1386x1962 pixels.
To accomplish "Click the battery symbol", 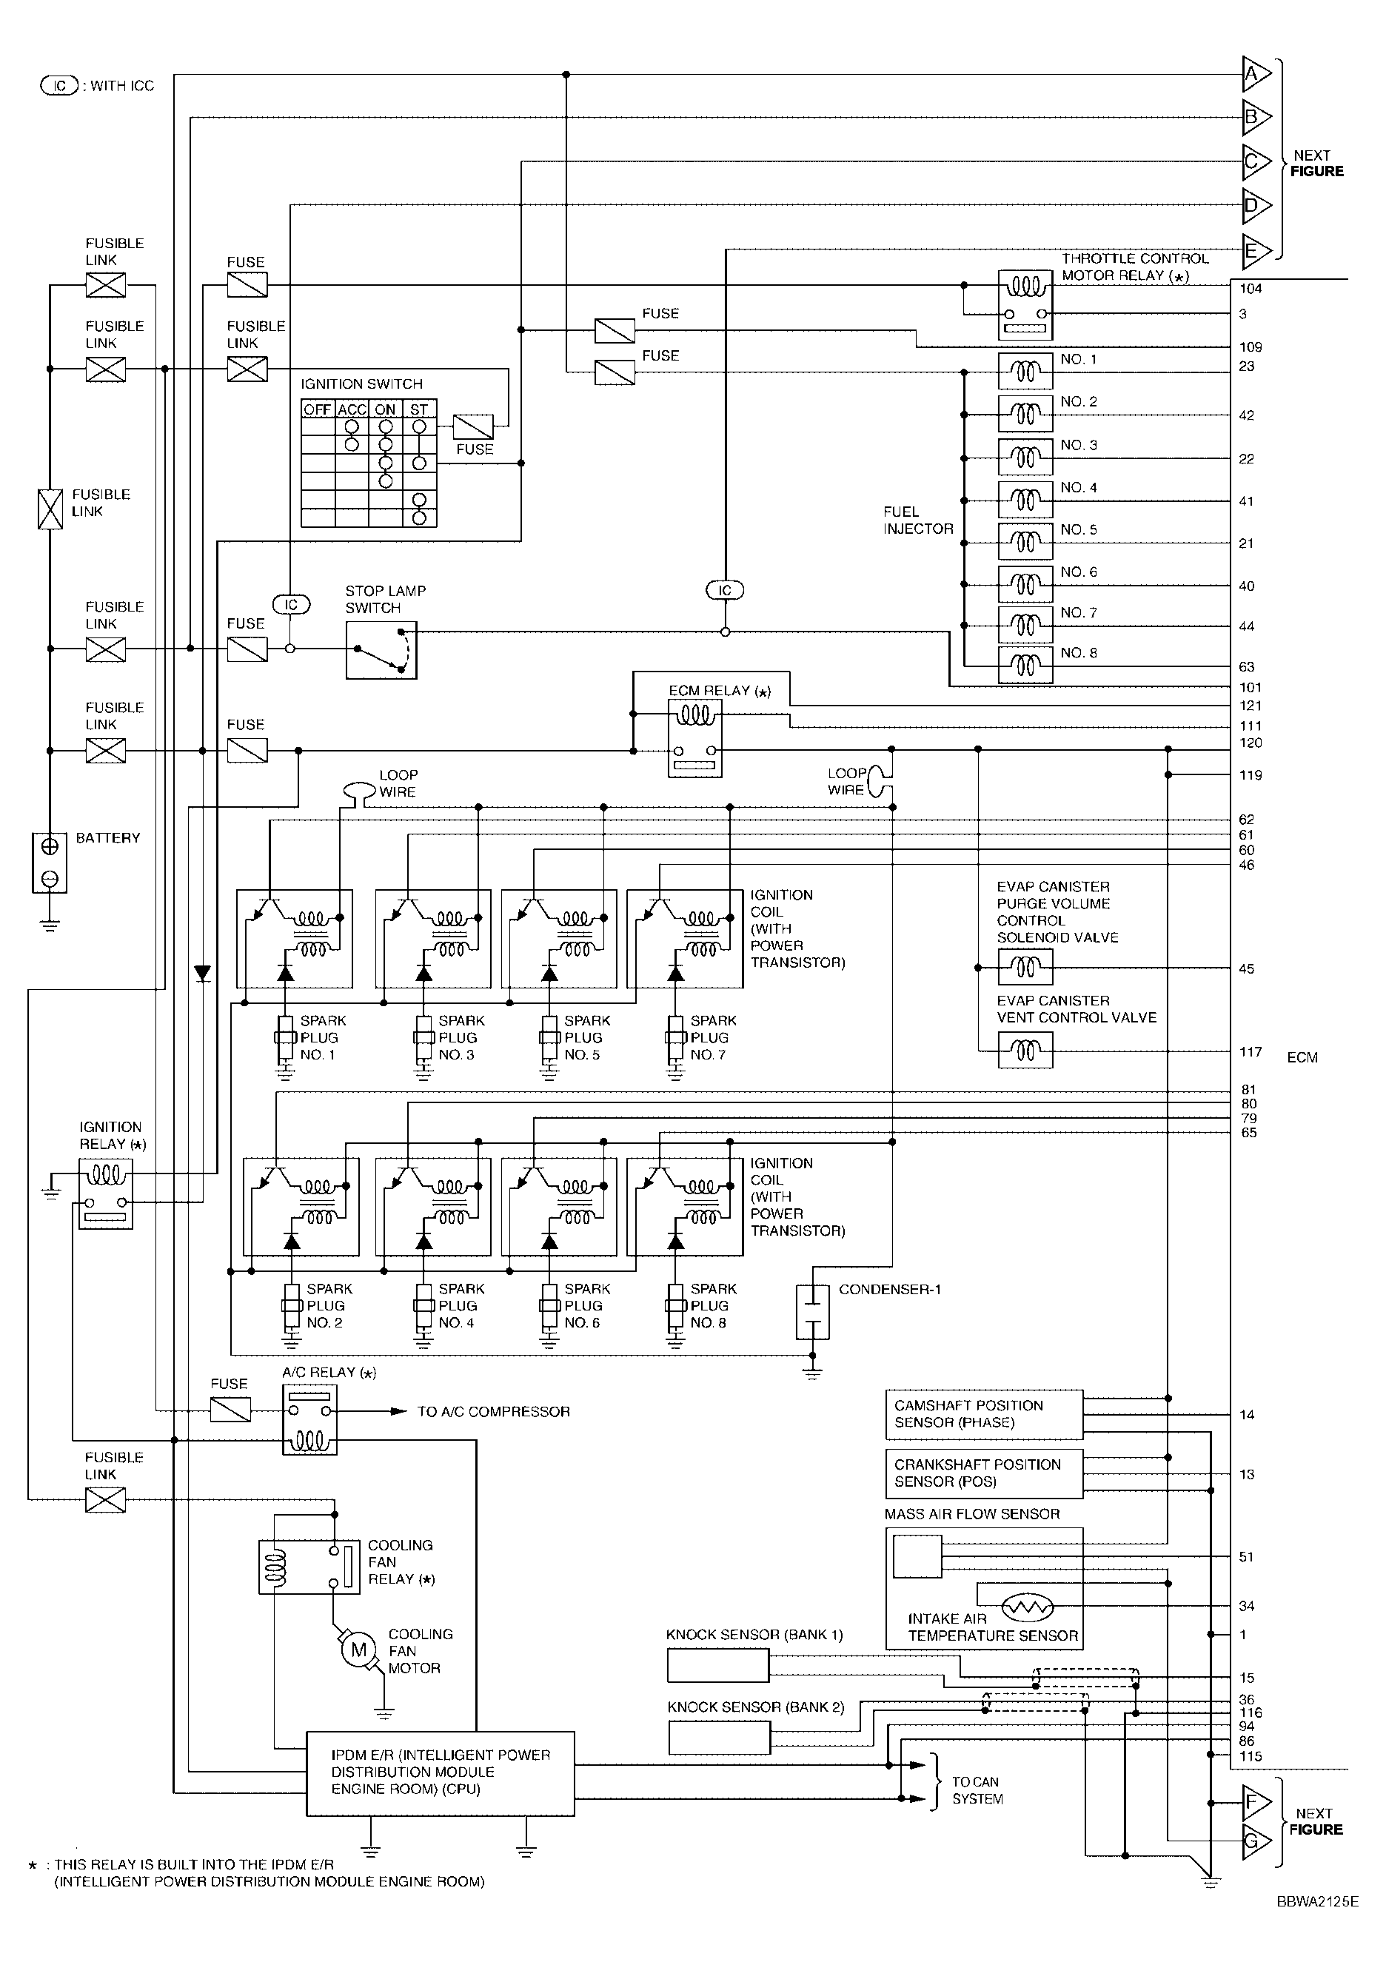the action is pyautogui.click(x=50, y=863).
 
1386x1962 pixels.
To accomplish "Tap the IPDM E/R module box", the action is pyautogui.click(x=440, y=1773).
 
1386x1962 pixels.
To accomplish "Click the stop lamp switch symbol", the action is pyautogui.click(x=381, y=650).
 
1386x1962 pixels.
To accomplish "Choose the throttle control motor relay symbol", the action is pyautogui.click(x=1025, y=306).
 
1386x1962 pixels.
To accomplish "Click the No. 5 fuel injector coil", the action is pyautogui.click(x=1025, y=542).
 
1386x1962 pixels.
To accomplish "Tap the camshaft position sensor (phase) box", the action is pyautogui.click(x=985, y=1414).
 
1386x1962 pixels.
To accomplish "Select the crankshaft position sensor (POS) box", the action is pyautogui.click(x=985, y=1473).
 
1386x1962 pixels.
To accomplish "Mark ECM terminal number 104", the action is pyautogui.click(x=1251, y=289).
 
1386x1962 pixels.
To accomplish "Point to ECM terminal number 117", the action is pyautogui.click(x=1251, y=1052).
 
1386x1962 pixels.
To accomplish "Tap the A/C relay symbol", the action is pyautogui.click(x=309, y=1419).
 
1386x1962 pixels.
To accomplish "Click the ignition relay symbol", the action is pyautogui.click(x=106, y=1193).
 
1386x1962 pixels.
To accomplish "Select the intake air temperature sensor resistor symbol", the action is pyautogui.click(x=1028, y=1608).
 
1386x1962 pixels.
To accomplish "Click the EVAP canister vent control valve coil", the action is pyautogui.click(x=1025, y=1050).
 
